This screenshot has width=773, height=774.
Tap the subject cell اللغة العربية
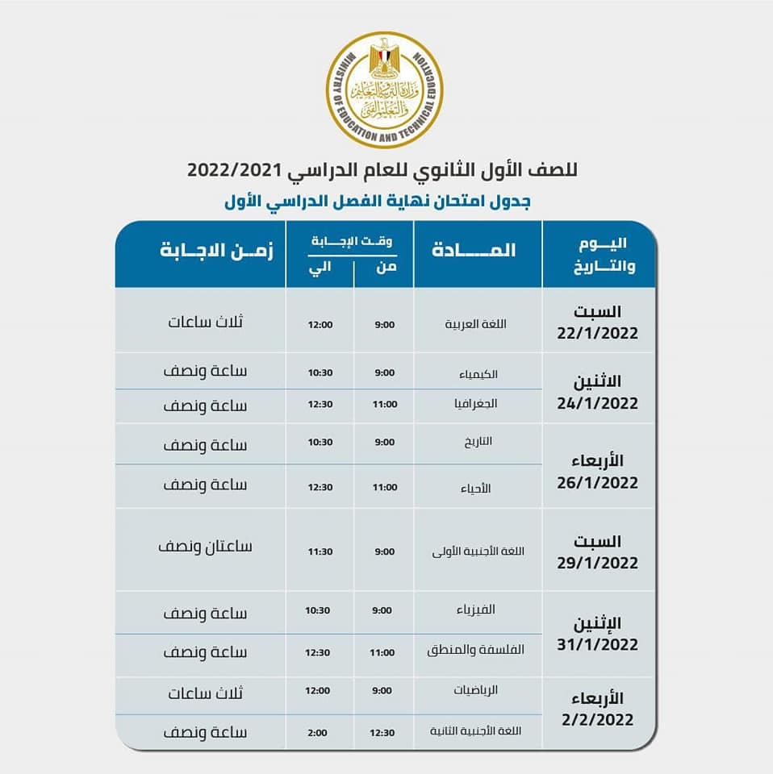(x=477, y=324)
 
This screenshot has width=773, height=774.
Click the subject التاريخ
(x=479, y=441)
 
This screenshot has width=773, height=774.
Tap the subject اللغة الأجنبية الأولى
(x=479, y=551)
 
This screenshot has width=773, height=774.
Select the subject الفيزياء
(x=479, y=610)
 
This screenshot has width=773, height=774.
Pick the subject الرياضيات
(x=478, y=690)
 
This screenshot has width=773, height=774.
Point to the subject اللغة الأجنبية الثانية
(x=477, y=731)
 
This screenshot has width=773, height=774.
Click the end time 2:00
(x=319, y=732)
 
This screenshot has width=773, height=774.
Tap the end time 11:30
(x=319, y=551)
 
